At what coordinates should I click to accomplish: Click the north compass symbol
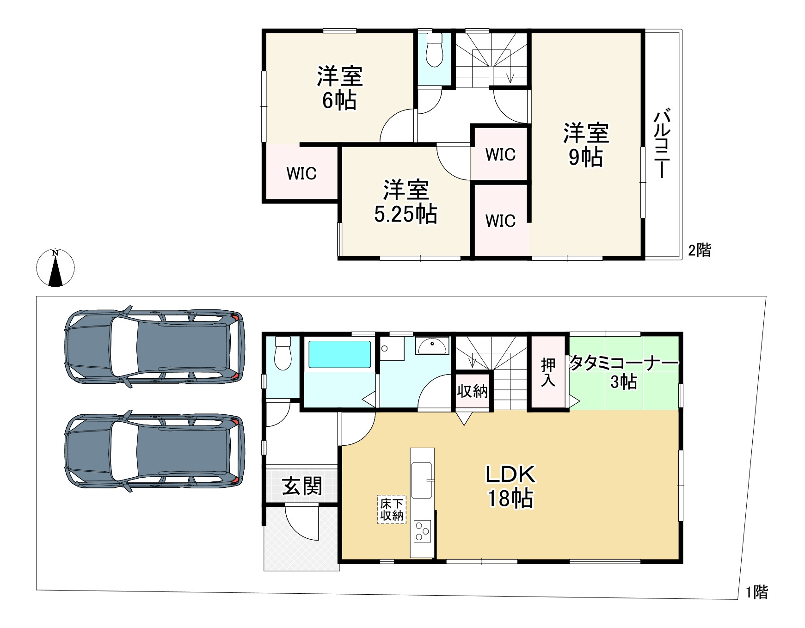point(55,268)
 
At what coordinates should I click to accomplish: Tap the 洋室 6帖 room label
point(339,88)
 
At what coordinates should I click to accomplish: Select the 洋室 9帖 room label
point(586,145)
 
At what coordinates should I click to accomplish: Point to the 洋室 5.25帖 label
point(406,202)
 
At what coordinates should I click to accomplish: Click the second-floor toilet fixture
point(434,50)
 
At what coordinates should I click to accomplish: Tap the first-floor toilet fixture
point(283,353)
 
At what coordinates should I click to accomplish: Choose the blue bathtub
point(340,355)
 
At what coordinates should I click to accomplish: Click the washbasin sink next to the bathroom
point(432,345)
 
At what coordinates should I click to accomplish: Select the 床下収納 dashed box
point(392,509)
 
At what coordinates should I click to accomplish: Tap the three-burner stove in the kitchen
point(422,531)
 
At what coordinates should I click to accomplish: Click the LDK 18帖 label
point(510,486)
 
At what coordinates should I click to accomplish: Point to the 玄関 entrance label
point(302,486)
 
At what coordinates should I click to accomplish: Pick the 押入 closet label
point(548,372)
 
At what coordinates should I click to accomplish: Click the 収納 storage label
point(472,391)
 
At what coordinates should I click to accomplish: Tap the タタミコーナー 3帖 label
point(624,372)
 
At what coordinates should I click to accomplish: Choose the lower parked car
point(154,451)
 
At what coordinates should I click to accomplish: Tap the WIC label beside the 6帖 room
point(301,173)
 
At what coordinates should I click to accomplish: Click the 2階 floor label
point(700,250)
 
